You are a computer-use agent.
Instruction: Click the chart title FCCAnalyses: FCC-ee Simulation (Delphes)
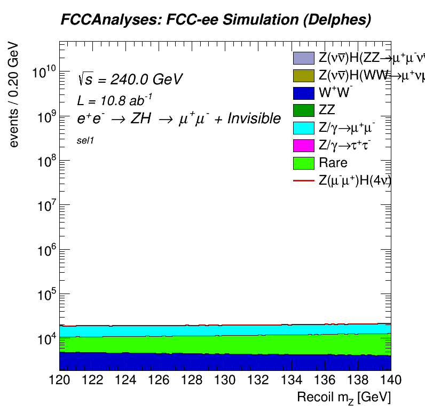[216, 20]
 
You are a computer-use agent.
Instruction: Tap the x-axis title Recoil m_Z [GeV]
[344, 397]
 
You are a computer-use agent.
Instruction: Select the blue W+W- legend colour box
[303, 93]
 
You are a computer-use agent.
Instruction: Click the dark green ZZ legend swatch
[303, 110]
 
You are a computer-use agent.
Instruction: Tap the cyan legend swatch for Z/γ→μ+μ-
[303, 128]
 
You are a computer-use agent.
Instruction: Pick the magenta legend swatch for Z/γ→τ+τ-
[303, 145]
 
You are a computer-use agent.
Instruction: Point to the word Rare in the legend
[333, 163]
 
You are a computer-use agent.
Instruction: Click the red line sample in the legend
[303, 180]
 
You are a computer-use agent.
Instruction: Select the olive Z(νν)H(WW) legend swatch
[303, 75]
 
